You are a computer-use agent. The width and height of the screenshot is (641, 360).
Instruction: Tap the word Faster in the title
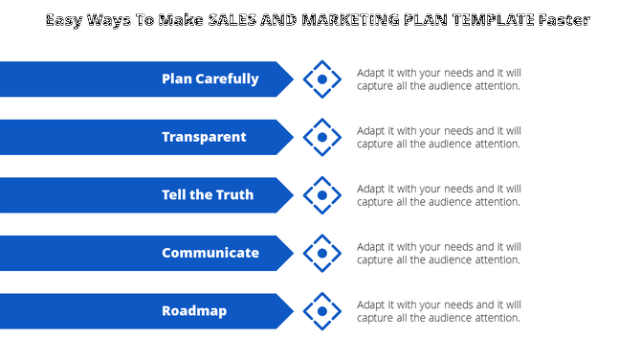point(564,20)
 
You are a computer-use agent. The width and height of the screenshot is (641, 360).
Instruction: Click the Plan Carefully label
point(210,79)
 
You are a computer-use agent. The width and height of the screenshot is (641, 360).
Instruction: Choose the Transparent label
point(204,137)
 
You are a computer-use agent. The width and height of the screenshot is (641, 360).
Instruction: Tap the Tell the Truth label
point(208,195)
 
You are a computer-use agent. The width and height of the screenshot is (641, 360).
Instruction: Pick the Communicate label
point(210,254)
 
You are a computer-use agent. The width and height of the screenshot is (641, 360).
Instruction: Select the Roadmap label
point(194,311)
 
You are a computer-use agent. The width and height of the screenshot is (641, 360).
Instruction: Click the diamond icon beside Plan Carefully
point(322,79)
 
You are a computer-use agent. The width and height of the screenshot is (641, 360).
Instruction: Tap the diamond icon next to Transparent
point(322,138)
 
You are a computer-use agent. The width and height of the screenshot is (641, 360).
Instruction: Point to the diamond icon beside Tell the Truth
point(322,195)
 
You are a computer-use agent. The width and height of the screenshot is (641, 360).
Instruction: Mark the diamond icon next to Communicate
point(322,254)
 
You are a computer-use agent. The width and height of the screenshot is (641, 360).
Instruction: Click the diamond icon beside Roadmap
point(322,311)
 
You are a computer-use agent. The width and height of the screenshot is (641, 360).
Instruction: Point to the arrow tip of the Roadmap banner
point(289,311)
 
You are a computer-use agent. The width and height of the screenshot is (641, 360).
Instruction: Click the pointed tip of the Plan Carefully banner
point(289,79)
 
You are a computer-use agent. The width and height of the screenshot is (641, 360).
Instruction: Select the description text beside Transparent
point(439,137)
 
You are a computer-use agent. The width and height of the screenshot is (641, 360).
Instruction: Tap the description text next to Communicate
point(439,254)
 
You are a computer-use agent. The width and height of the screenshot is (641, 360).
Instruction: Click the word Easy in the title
point(64,20)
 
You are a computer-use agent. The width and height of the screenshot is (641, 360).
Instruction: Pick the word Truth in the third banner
point(235,195)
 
